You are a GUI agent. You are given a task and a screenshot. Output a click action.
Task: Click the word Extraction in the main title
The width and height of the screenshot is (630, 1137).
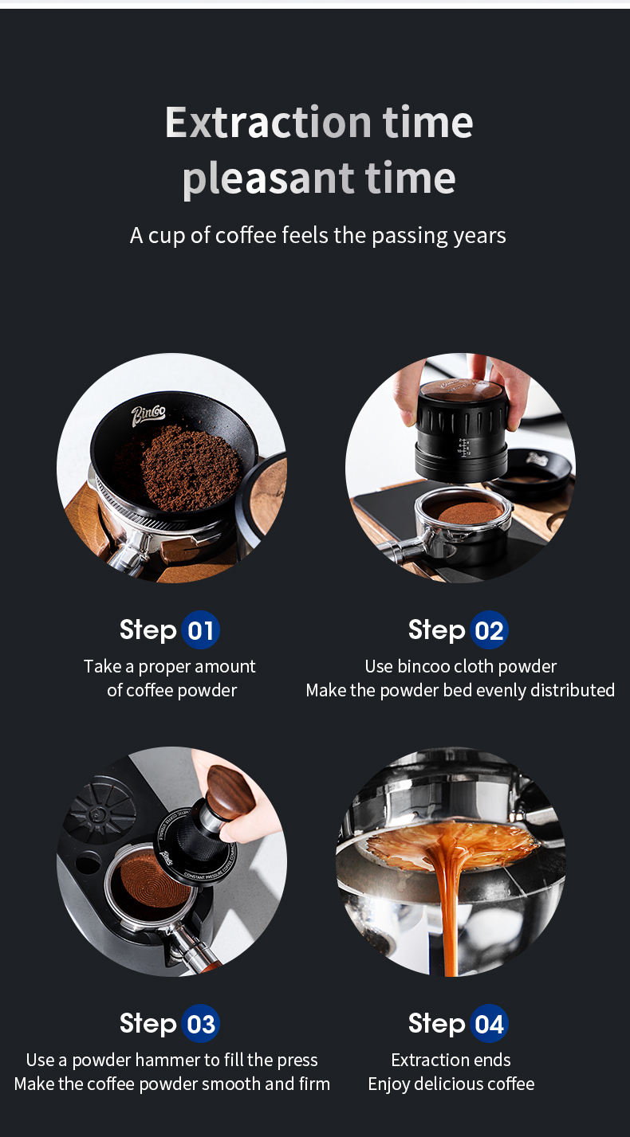point(268,123)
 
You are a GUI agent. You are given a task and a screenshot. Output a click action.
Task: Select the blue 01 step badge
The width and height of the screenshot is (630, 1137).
point(201,630)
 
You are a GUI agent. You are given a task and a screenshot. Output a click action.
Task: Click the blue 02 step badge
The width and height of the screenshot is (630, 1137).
point(489,630)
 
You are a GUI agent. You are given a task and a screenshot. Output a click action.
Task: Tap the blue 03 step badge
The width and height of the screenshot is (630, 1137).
point(201,1024)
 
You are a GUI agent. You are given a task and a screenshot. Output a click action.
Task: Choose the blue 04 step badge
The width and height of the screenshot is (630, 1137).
point(489,1024)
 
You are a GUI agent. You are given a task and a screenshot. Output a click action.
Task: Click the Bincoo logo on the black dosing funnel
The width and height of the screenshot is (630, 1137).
point(148,416)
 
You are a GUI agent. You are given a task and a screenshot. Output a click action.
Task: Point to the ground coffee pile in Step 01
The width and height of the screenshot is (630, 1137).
point(191,468)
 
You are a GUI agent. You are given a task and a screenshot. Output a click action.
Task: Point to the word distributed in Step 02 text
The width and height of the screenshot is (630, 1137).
point(572,690)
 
